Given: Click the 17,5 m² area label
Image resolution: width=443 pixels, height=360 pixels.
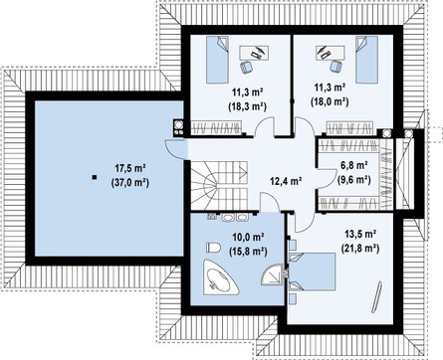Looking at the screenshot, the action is tap(130, 168).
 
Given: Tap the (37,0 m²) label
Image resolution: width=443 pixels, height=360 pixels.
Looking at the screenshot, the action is tap(130, 182).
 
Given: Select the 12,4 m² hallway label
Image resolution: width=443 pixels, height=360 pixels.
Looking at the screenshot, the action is tap(286, 181).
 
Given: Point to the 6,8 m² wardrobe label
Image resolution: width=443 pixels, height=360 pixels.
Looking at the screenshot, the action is tap(353, 165).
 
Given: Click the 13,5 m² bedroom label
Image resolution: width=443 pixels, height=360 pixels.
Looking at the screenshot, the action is tap(360, 234).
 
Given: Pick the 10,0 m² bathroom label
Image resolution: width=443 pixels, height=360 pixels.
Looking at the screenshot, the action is tap(248, 237).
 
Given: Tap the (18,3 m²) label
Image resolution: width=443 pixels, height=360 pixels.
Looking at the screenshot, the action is tap(248, 106).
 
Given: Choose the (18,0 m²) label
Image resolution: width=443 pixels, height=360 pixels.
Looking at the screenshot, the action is tap(330, 101).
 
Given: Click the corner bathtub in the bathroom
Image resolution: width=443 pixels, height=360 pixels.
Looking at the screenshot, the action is tap(220, 276).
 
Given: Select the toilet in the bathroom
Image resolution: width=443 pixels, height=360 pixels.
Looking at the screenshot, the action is tap(213, 248).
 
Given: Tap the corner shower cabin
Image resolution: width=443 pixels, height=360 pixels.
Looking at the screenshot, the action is tap(272, 274).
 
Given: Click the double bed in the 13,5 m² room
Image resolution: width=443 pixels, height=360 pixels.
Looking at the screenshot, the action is tap(312, 271).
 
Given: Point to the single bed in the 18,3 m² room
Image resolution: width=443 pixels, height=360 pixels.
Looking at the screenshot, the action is tap(218, 60).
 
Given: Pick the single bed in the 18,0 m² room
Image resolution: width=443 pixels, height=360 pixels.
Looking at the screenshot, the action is tap(366, 60).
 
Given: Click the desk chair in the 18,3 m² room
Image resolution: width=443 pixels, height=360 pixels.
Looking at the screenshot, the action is tap(246, 67).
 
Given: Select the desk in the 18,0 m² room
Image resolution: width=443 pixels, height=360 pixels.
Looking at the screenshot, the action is tap(330, 53).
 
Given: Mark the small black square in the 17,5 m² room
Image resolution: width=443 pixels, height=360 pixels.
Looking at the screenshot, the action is tap(95, 177).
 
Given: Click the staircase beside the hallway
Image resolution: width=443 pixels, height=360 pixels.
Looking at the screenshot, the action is tap(219, 185).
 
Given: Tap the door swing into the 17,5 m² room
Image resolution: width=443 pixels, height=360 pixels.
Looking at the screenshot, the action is tap(175, 149).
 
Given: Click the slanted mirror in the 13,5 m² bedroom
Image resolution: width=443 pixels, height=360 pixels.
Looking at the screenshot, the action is tap(376, 296).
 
